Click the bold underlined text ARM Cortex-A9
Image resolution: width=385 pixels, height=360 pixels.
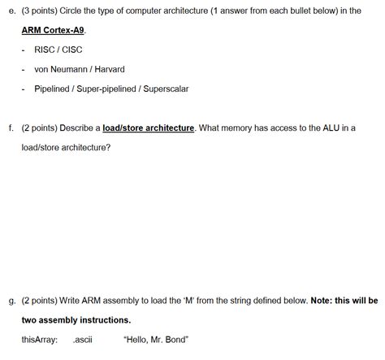(x=54, y=30)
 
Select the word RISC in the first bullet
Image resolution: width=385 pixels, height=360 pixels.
(x=45, y=50)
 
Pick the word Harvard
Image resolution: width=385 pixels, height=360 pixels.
(x=109, y=69)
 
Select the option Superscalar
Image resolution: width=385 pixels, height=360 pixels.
(x=165, y=89)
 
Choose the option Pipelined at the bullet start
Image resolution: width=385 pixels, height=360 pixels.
(x=52, y=89)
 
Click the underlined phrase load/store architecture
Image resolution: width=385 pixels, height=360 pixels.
(x=148, y=128)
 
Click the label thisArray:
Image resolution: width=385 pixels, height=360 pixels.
(x=39, y=340)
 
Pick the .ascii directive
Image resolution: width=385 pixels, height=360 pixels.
(x=82, y=340)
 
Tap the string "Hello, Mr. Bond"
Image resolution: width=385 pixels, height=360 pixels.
(x=155, y=340)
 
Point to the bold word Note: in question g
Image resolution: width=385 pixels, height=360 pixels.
(x=322, y=300)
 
